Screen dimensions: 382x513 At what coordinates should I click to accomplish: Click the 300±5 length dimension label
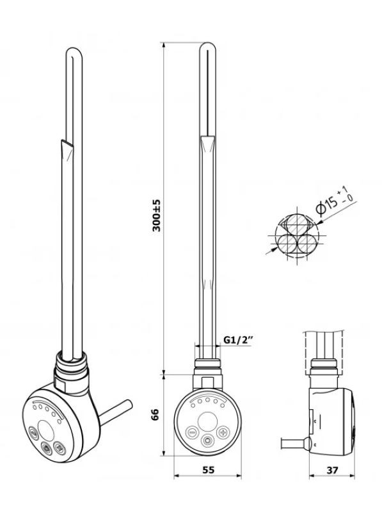pos(157,215)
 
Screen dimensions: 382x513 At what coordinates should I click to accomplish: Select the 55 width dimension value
pos(209,470)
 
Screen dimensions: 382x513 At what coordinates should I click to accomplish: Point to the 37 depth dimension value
pos(332,470)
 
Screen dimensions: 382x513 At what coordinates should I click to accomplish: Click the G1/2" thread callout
pos(239,340)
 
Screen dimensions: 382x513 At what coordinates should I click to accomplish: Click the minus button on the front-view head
pos(191,432)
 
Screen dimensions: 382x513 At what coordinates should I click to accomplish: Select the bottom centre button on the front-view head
pos(207,441)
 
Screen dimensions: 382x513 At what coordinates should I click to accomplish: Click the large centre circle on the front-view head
pos(207,421)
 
